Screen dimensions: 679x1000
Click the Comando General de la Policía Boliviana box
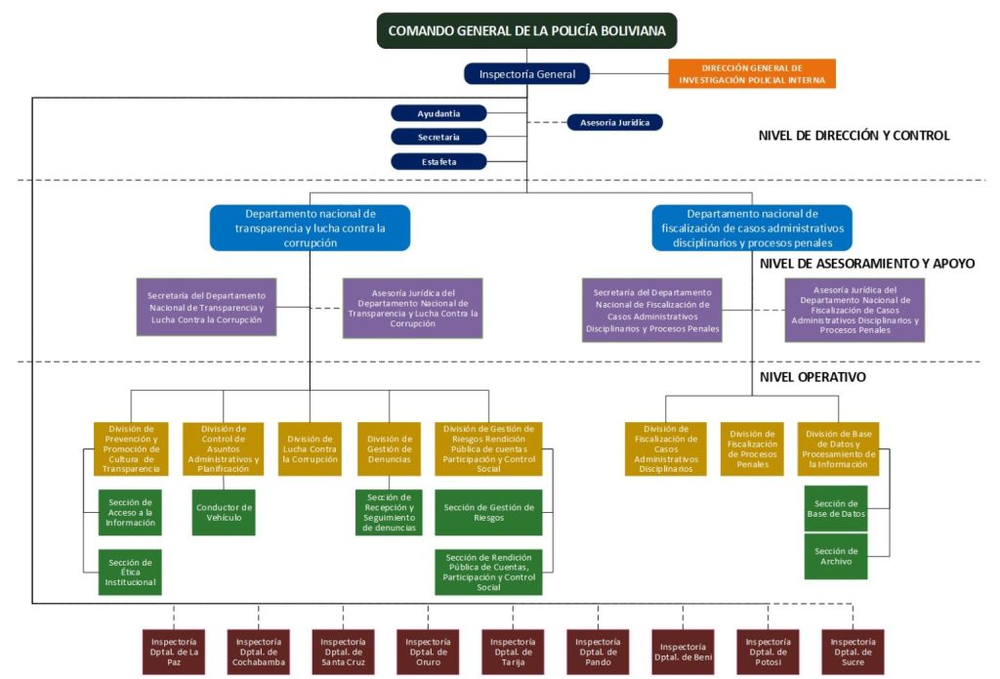[x=526, y=30]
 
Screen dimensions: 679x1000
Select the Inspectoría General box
[x=527, y=74]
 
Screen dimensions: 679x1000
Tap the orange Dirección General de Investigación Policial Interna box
[x=752, y=74]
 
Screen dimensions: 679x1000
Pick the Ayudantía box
[x=438, y=113]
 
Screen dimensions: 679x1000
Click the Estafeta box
[x=438, y=161]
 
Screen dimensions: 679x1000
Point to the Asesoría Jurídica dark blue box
[x=614, y=122]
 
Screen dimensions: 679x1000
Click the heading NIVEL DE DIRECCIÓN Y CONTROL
[x=854, y=136]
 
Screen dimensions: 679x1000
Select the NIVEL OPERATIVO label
[x=812, y=377]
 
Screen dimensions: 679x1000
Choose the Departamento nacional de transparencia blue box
[x=310, y=228]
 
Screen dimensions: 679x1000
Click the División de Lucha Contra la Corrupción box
[x=310, y=449]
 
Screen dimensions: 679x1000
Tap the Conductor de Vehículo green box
[x=224, y=513]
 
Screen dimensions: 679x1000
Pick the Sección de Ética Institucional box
[x=130, y=573]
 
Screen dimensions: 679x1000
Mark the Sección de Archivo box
[x=835, y=557]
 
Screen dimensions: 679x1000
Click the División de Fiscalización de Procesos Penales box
[x=752, y=449]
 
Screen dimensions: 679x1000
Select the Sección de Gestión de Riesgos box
[x=488, y=513]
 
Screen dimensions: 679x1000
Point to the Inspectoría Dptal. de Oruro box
[x=428, y=652]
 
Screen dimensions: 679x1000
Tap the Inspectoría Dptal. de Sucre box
[x=854, y=652]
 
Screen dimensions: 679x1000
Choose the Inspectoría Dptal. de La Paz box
[x=173, y=652]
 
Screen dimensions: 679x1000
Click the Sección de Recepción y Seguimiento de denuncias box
[x=389, y=513]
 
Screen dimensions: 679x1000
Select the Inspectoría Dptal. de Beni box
[x=684, y=652]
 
